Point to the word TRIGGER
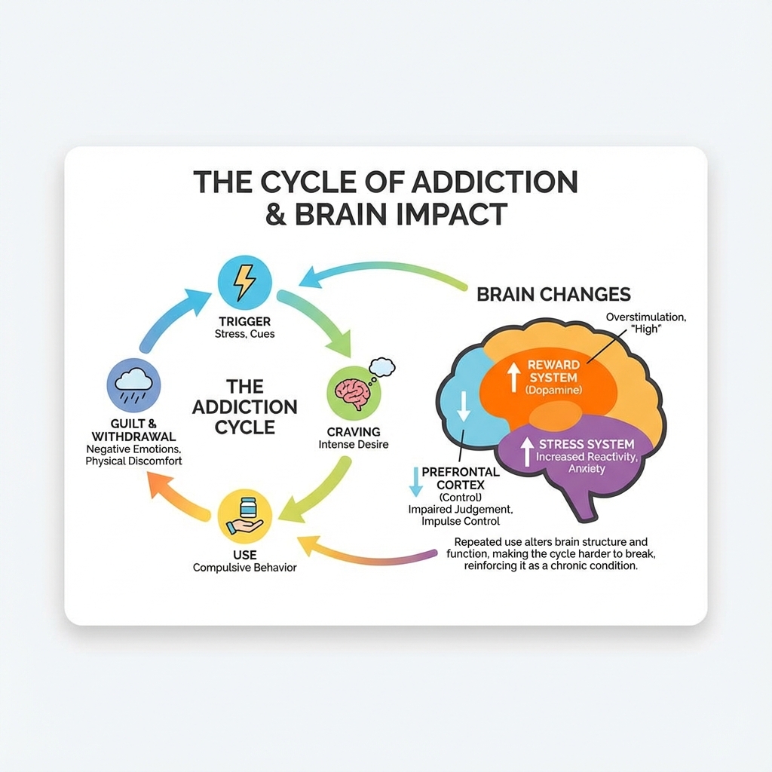click(245, 322)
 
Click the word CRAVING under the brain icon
click(354, 432)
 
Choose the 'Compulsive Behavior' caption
click(244, 567)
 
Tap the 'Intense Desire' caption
click(354, 445)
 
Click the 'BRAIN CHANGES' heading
click(553, 294)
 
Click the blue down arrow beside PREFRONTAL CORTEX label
click(414, 481)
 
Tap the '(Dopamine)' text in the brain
click(554, 391)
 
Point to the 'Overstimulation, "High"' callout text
click(645, 323)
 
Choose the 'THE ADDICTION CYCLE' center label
click(244, 406)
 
